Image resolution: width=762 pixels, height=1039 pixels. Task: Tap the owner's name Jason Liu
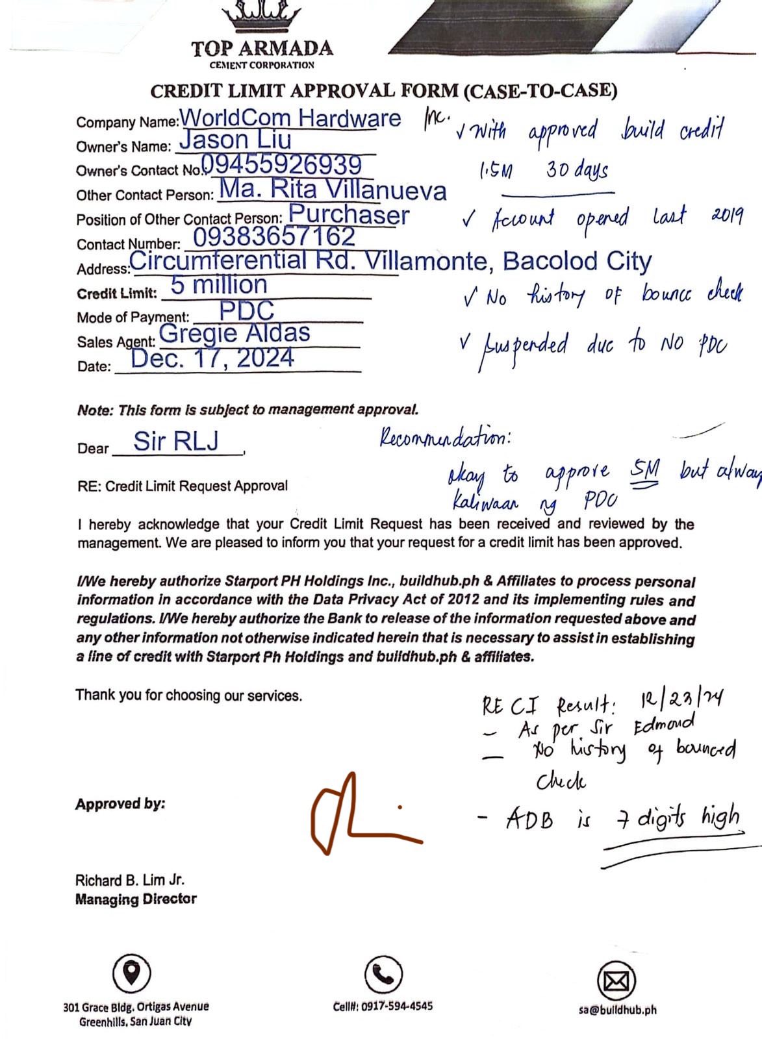point(235,140)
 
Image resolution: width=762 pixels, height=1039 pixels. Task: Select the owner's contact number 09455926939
point(281,164)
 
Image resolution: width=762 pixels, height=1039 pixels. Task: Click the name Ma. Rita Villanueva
point(333,189)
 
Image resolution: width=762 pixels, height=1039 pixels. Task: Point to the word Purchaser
point(349,214)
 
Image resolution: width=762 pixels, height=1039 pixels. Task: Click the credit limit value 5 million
point(219,285)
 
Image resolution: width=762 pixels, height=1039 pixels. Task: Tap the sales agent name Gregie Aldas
point(235,333)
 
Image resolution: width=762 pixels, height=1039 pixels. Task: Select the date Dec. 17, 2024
point(212,358)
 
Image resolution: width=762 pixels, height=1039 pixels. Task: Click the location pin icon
point(132,972)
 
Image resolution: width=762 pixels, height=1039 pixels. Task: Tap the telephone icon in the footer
point(383,974)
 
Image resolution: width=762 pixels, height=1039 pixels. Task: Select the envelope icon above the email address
point(615,980)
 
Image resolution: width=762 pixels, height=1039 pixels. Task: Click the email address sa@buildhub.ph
point(617,1010)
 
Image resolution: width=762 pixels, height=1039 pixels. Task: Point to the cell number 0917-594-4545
point(383,1006)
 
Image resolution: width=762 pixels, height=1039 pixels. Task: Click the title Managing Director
point(136,899)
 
